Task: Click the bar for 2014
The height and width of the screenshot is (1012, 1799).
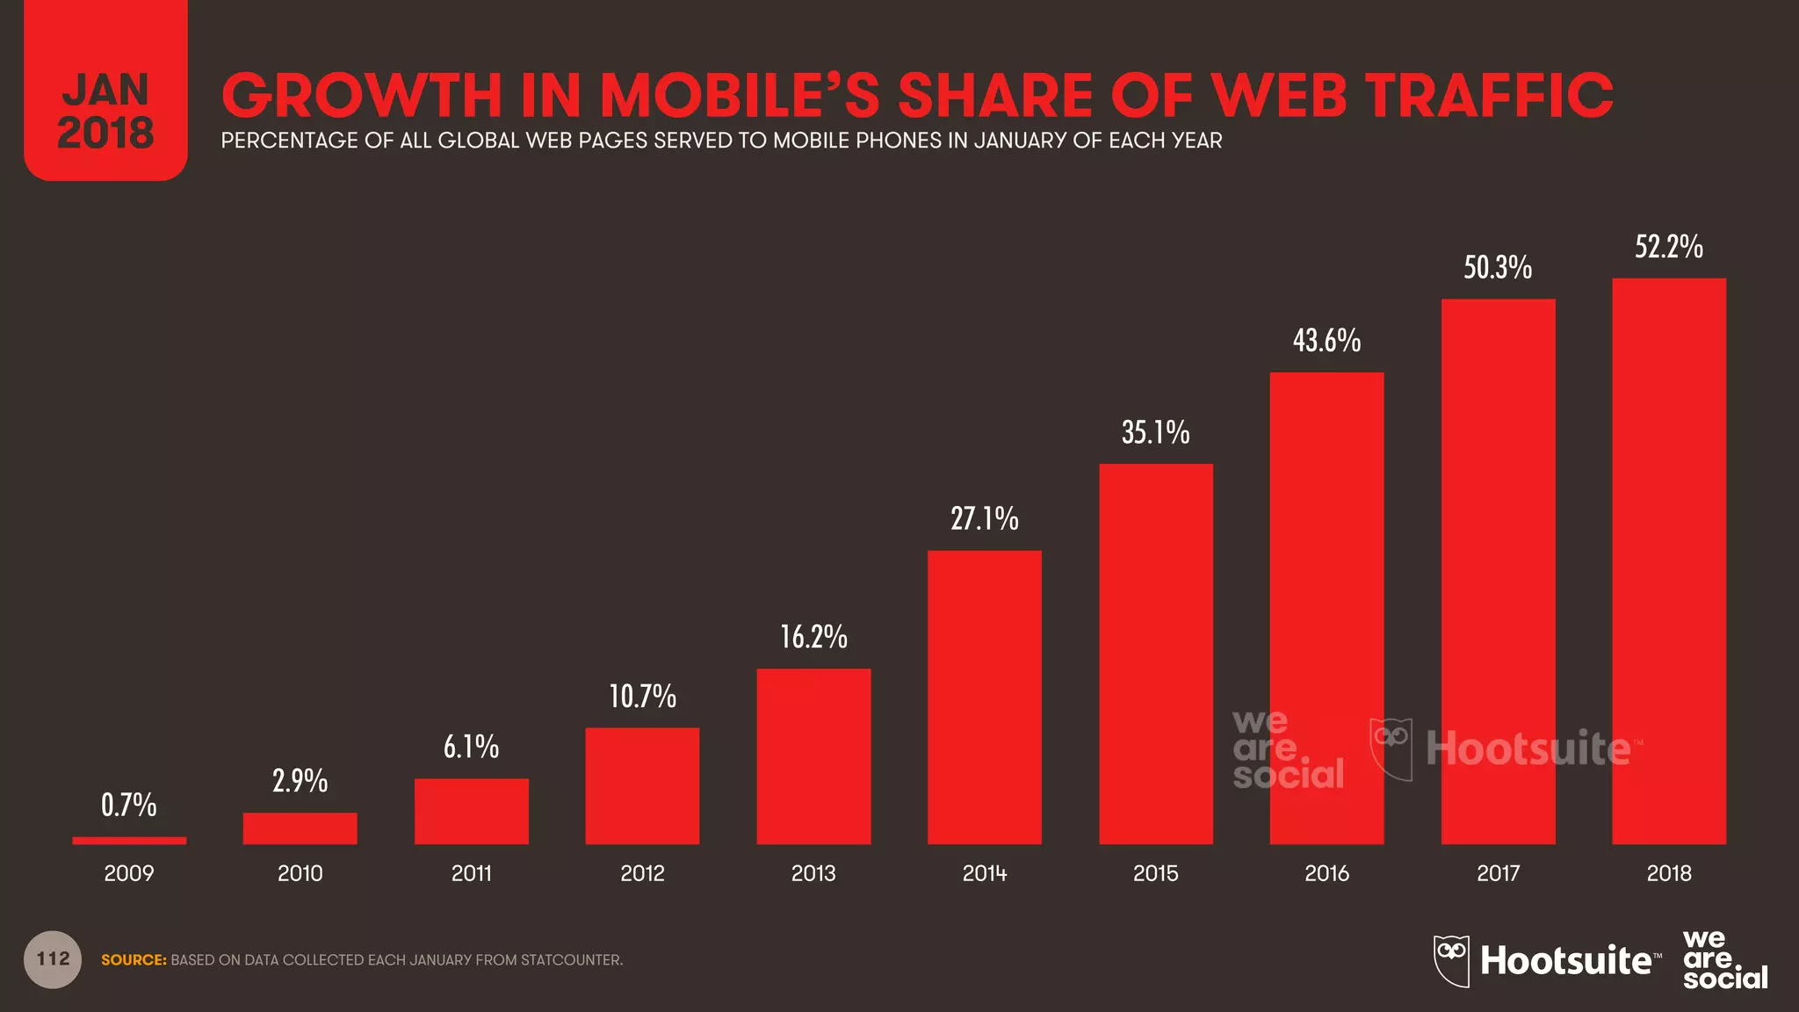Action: [985, 698]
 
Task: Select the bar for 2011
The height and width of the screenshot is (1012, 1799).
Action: [472, 811]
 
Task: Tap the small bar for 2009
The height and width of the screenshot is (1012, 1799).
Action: [129, 841]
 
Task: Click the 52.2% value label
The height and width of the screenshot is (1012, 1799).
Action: [1669, 247]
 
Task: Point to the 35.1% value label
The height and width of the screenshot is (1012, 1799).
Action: [1155, 432]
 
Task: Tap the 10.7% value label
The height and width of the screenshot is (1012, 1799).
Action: [642, 697]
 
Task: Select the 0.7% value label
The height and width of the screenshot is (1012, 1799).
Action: [128, 805]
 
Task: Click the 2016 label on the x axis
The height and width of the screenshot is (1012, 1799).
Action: [1326, 873]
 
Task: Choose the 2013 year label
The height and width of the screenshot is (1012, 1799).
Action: [813, 873]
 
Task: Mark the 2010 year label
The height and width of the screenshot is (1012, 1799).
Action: [300, 873]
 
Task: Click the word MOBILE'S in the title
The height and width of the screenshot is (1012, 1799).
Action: [740, 95]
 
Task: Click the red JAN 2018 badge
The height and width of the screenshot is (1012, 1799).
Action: [105, 97]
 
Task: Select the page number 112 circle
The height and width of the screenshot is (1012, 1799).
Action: [53, 959]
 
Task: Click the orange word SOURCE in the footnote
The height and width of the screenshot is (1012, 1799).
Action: [134, 960]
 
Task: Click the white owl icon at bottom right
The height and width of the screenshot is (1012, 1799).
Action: [1451, 960]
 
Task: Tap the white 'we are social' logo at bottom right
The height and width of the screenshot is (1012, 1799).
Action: [1723, 960]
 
